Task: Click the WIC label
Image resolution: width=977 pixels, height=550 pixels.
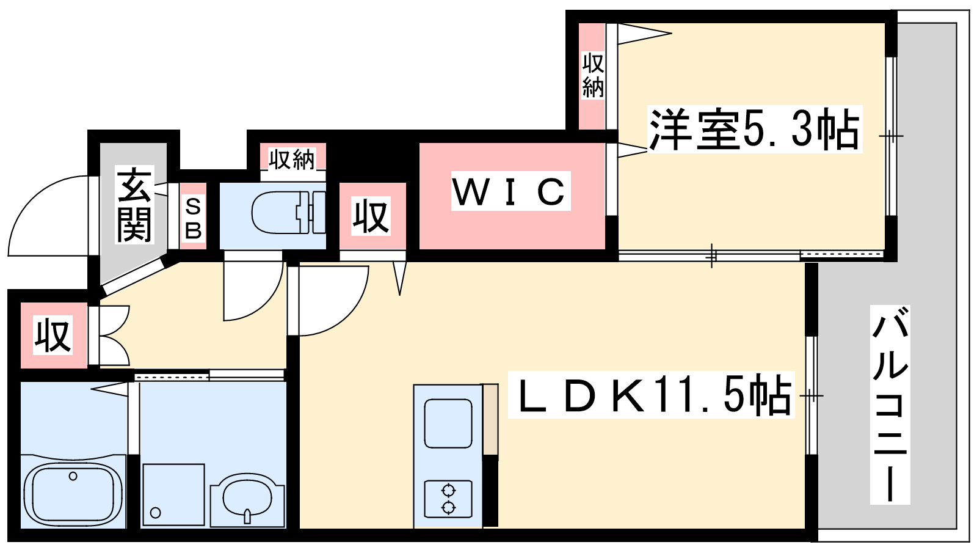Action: pyautogui.click(x=510, y=191)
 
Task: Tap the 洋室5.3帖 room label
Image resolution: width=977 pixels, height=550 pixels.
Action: pyautogui.click(x=754, y=130)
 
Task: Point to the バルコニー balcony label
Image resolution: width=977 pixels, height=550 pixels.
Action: pyautogui.click(x=890, y=405)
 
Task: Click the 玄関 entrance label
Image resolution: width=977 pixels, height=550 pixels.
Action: pyautogui.click(x=134, y=205)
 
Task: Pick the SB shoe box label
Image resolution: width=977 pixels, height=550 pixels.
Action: pyautogui.click(x=193, y=218)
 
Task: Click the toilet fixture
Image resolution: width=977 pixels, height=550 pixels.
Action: pyautogui.click(x=287, y=213)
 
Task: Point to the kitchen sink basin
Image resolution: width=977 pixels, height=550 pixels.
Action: pyautogui.click(x=448, y=423)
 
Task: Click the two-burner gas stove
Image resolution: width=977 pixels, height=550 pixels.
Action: pyautogui.click(x=448, y=499)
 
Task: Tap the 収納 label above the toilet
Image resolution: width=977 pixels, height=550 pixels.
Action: pyautogui.click(x=292, y=159)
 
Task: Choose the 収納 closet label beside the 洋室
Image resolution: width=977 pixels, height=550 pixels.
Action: pyautogui.click(x=592, y=76)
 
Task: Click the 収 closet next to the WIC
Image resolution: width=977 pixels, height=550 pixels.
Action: pyautogui.click(x=371, y=216)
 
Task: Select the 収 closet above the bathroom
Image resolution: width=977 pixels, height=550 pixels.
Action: pyautogui.click(x=53, y=335)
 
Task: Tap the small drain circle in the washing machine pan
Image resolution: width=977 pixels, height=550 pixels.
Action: pyautogui.click(x=156, y=513)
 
